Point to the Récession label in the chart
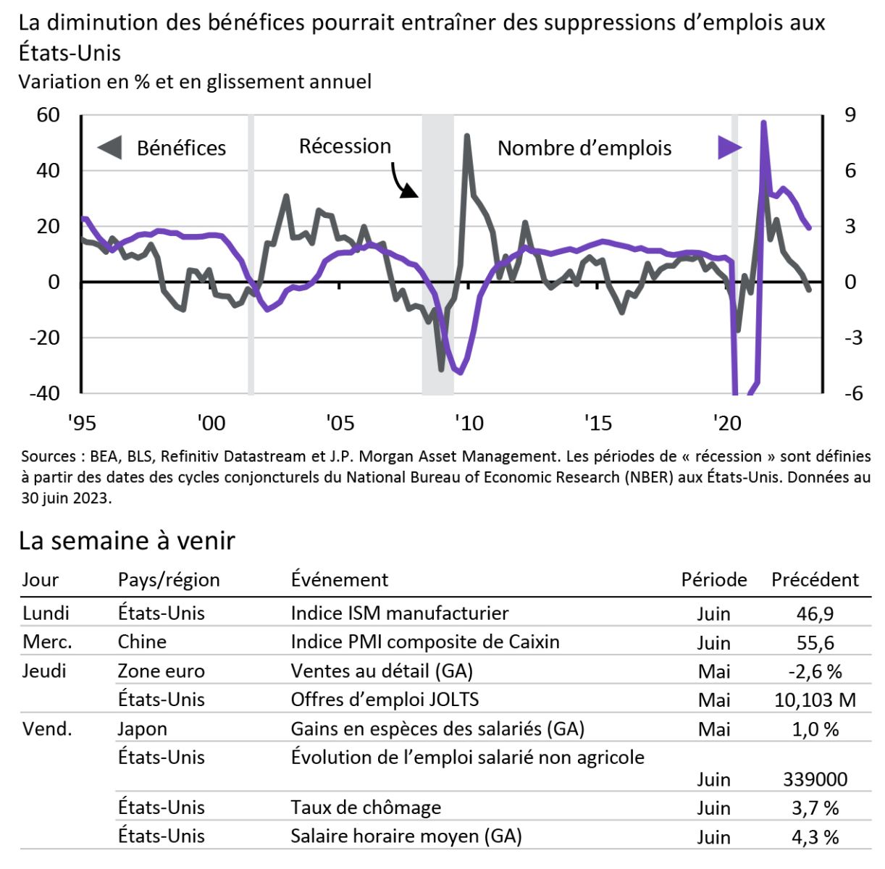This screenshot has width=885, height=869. pyautogui.click(x=345, y=146)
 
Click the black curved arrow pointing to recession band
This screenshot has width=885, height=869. pyautogui.click(x=403, y=180)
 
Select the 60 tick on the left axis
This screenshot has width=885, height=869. pyautogui.click(x=48, y=115)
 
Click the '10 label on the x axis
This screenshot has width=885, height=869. pyautogui.click(x=469, y=422)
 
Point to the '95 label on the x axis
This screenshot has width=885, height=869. pyautogui.click(x=82, y=422)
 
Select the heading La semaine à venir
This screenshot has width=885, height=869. pyautogui.click(x=127, y=540)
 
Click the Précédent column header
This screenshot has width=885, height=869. pyautogui.click(x=815, y=579)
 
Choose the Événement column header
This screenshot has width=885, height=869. pyautogui.click(x=339, y=579)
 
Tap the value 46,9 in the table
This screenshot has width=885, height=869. pyautogui.click(x=815, y=613)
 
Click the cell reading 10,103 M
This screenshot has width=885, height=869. pyautogui.click(x=815, y=700)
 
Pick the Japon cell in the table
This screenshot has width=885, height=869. pyautogui.click(x=142, y=729)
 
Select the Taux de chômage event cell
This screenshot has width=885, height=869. pyautogui.click(x=365, y=807)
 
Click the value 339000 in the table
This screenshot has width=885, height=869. pyautogui.click(x=815, y=779)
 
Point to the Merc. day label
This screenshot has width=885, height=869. pyautogui.click(x=47, y=642)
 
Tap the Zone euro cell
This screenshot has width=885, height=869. pyautogui.click(x=161, y=671)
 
